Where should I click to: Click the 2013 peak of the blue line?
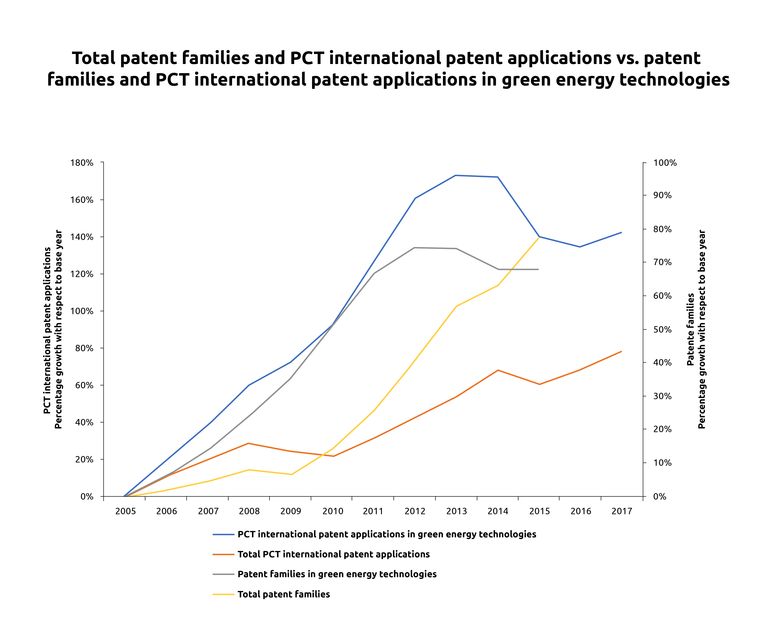pyautogui.click(x=456, y=175)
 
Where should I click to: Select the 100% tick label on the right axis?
pyautogui.click(x=665, y=163)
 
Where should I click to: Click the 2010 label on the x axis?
pyautogui.click(x=333, y=511)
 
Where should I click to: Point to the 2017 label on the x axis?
pyautogui.click(x=622, y=511)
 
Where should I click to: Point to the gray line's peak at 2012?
pyautogui.click(x=415, y=248)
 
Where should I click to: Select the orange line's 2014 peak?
pyautogui.click(x=498, y=370)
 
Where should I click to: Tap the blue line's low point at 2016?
pyautogui.click(x=580, y=247)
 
